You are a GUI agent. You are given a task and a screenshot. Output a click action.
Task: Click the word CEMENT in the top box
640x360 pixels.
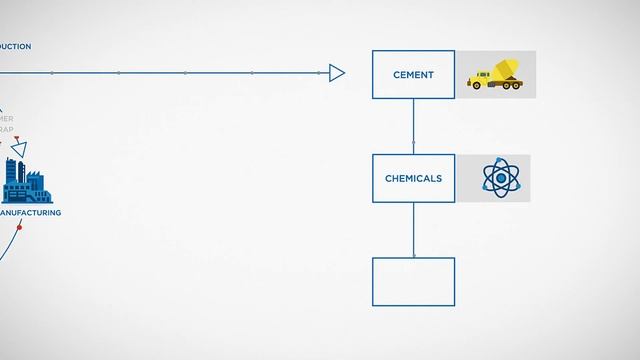(413, 74)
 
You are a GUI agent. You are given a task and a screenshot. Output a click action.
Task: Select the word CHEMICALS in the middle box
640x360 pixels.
(413, 179)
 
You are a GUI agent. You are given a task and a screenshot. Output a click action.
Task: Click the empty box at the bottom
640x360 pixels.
(413, 281)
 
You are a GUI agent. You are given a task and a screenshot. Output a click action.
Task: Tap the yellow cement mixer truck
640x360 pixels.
(495, 74)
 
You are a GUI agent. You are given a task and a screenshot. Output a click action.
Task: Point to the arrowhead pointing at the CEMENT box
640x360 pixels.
(337, 72)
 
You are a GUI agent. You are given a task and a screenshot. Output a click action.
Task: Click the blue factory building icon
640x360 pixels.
(27, 182)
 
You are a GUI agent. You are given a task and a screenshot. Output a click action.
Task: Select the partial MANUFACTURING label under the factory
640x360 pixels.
(30, 213)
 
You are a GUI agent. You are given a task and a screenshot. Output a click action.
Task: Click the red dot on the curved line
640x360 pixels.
(19, 228)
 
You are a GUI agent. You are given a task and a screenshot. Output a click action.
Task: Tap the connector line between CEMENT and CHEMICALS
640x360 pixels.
(414, 126)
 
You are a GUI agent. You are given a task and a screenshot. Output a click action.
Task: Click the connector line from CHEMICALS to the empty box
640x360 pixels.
(414, 230)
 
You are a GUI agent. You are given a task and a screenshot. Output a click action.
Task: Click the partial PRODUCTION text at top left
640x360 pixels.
(15, 47)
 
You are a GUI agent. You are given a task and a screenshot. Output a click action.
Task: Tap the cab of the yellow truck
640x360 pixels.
(479, 76)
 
